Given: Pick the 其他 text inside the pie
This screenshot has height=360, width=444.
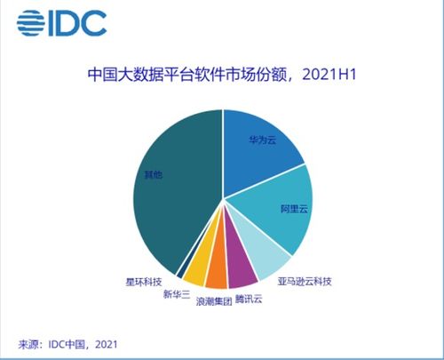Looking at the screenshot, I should [154, 174].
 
